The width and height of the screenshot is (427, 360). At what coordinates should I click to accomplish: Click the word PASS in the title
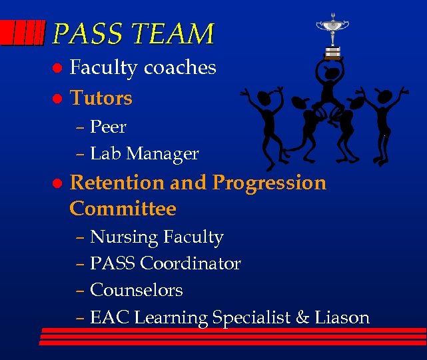pyautogui.click(x=81, y=33)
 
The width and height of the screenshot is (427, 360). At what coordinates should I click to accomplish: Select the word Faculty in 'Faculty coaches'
pyautogui.click(x=104, y=68)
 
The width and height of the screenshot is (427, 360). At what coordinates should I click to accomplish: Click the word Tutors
pyautogui.click(x=101, y=99)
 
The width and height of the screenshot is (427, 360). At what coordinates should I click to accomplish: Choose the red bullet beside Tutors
pyautogui.click(x=57, y=99)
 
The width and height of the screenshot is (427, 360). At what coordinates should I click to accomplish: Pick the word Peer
pyautogui.click(x=108, y=127)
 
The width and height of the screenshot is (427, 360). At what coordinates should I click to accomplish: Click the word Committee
pyautogui.click(x=123, y=209)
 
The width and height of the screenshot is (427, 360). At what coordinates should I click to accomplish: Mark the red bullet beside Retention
pyautogui.click(x=57, y=183)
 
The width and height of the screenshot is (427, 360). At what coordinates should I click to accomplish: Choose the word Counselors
pyautogui.click(x=136, y=291)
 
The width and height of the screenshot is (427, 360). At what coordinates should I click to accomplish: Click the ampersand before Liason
pyautogui.click(x=303, y=318)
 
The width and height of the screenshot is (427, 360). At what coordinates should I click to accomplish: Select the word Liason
pyautogui.click(x=342, y=318)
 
